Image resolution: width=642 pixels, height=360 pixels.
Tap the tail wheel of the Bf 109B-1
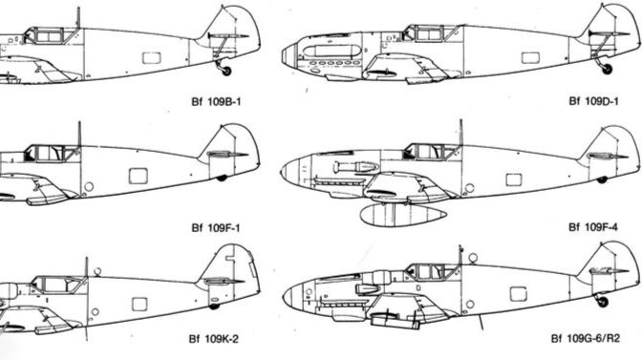(x=225, y=70)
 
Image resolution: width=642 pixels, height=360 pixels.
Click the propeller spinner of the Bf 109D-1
(x=289, y=55)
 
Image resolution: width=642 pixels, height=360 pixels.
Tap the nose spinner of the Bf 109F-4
(x=289, y=172)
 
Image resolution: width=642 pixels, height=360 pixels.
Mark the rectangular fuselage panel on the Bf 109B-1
(x=150, y=57)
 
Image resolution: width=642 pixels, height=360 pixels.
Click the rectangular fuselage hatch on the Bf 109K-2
(x=139, y=303)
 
